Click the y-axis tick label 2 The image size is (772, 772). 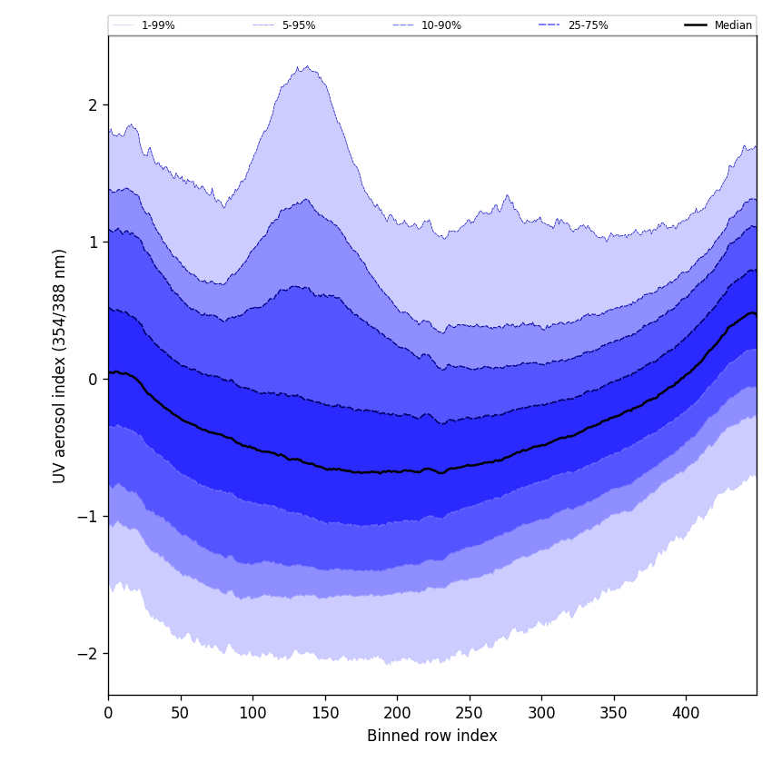[x=93, y=105]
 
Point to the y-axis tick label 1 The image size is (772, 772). [x=93, y=242]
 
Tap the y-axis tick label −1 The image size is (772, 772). [x=88, y=517]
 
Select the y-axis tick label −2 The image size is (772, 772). [x=88, y=654]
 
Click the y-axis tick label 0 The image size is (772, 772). [x=93, y=380]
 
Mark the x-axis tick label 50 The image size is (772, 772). [x=180, y=713]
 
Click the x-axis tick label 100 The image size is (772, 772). [x=252, y=713]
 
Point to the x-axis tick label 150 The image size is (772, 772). [x=325, y=713]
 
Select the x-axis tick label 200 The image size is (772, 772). [x=397, y=713]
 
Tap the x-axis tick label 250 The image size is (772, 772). [x=470, y=713]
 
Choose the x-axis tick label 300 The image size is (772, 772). [x=541, y=713]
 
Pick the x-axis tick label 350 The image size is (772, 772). [x=614, y=713]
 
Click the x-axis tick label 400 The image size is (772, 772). [x=686, y=713]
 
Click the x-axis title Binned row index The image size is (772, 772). [x=432, y=736]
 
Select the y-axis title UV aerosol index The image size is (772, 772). [x=61, y=365]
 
